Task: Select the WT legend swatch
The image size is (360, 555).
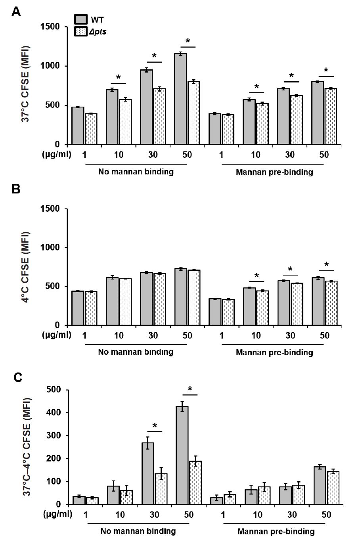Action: (x=80, y=19)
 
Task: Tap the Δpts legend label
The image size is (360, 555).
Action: (x=98, y=31)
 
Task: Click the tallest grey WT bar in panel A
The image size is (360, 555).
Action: (x=180, y=99)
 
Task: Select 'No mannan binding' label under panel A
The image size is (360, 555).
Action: (x=136, y=172)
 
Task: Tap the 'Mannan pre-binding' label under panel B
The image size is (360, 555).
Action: (x=274, y=352)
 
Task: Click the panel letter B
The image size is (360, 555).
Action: (x=16, y=189)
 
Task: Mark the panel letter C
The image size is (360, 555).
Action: (x=17, y=377)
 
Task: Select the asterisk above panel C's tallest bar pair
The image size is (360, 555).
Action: (x=190, y=389)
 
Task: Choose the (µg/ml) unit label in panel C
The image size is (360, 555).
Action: (x=56, y=515)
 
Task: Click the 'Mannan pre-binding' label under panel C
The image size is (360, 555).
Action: (x=276, y=531)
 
